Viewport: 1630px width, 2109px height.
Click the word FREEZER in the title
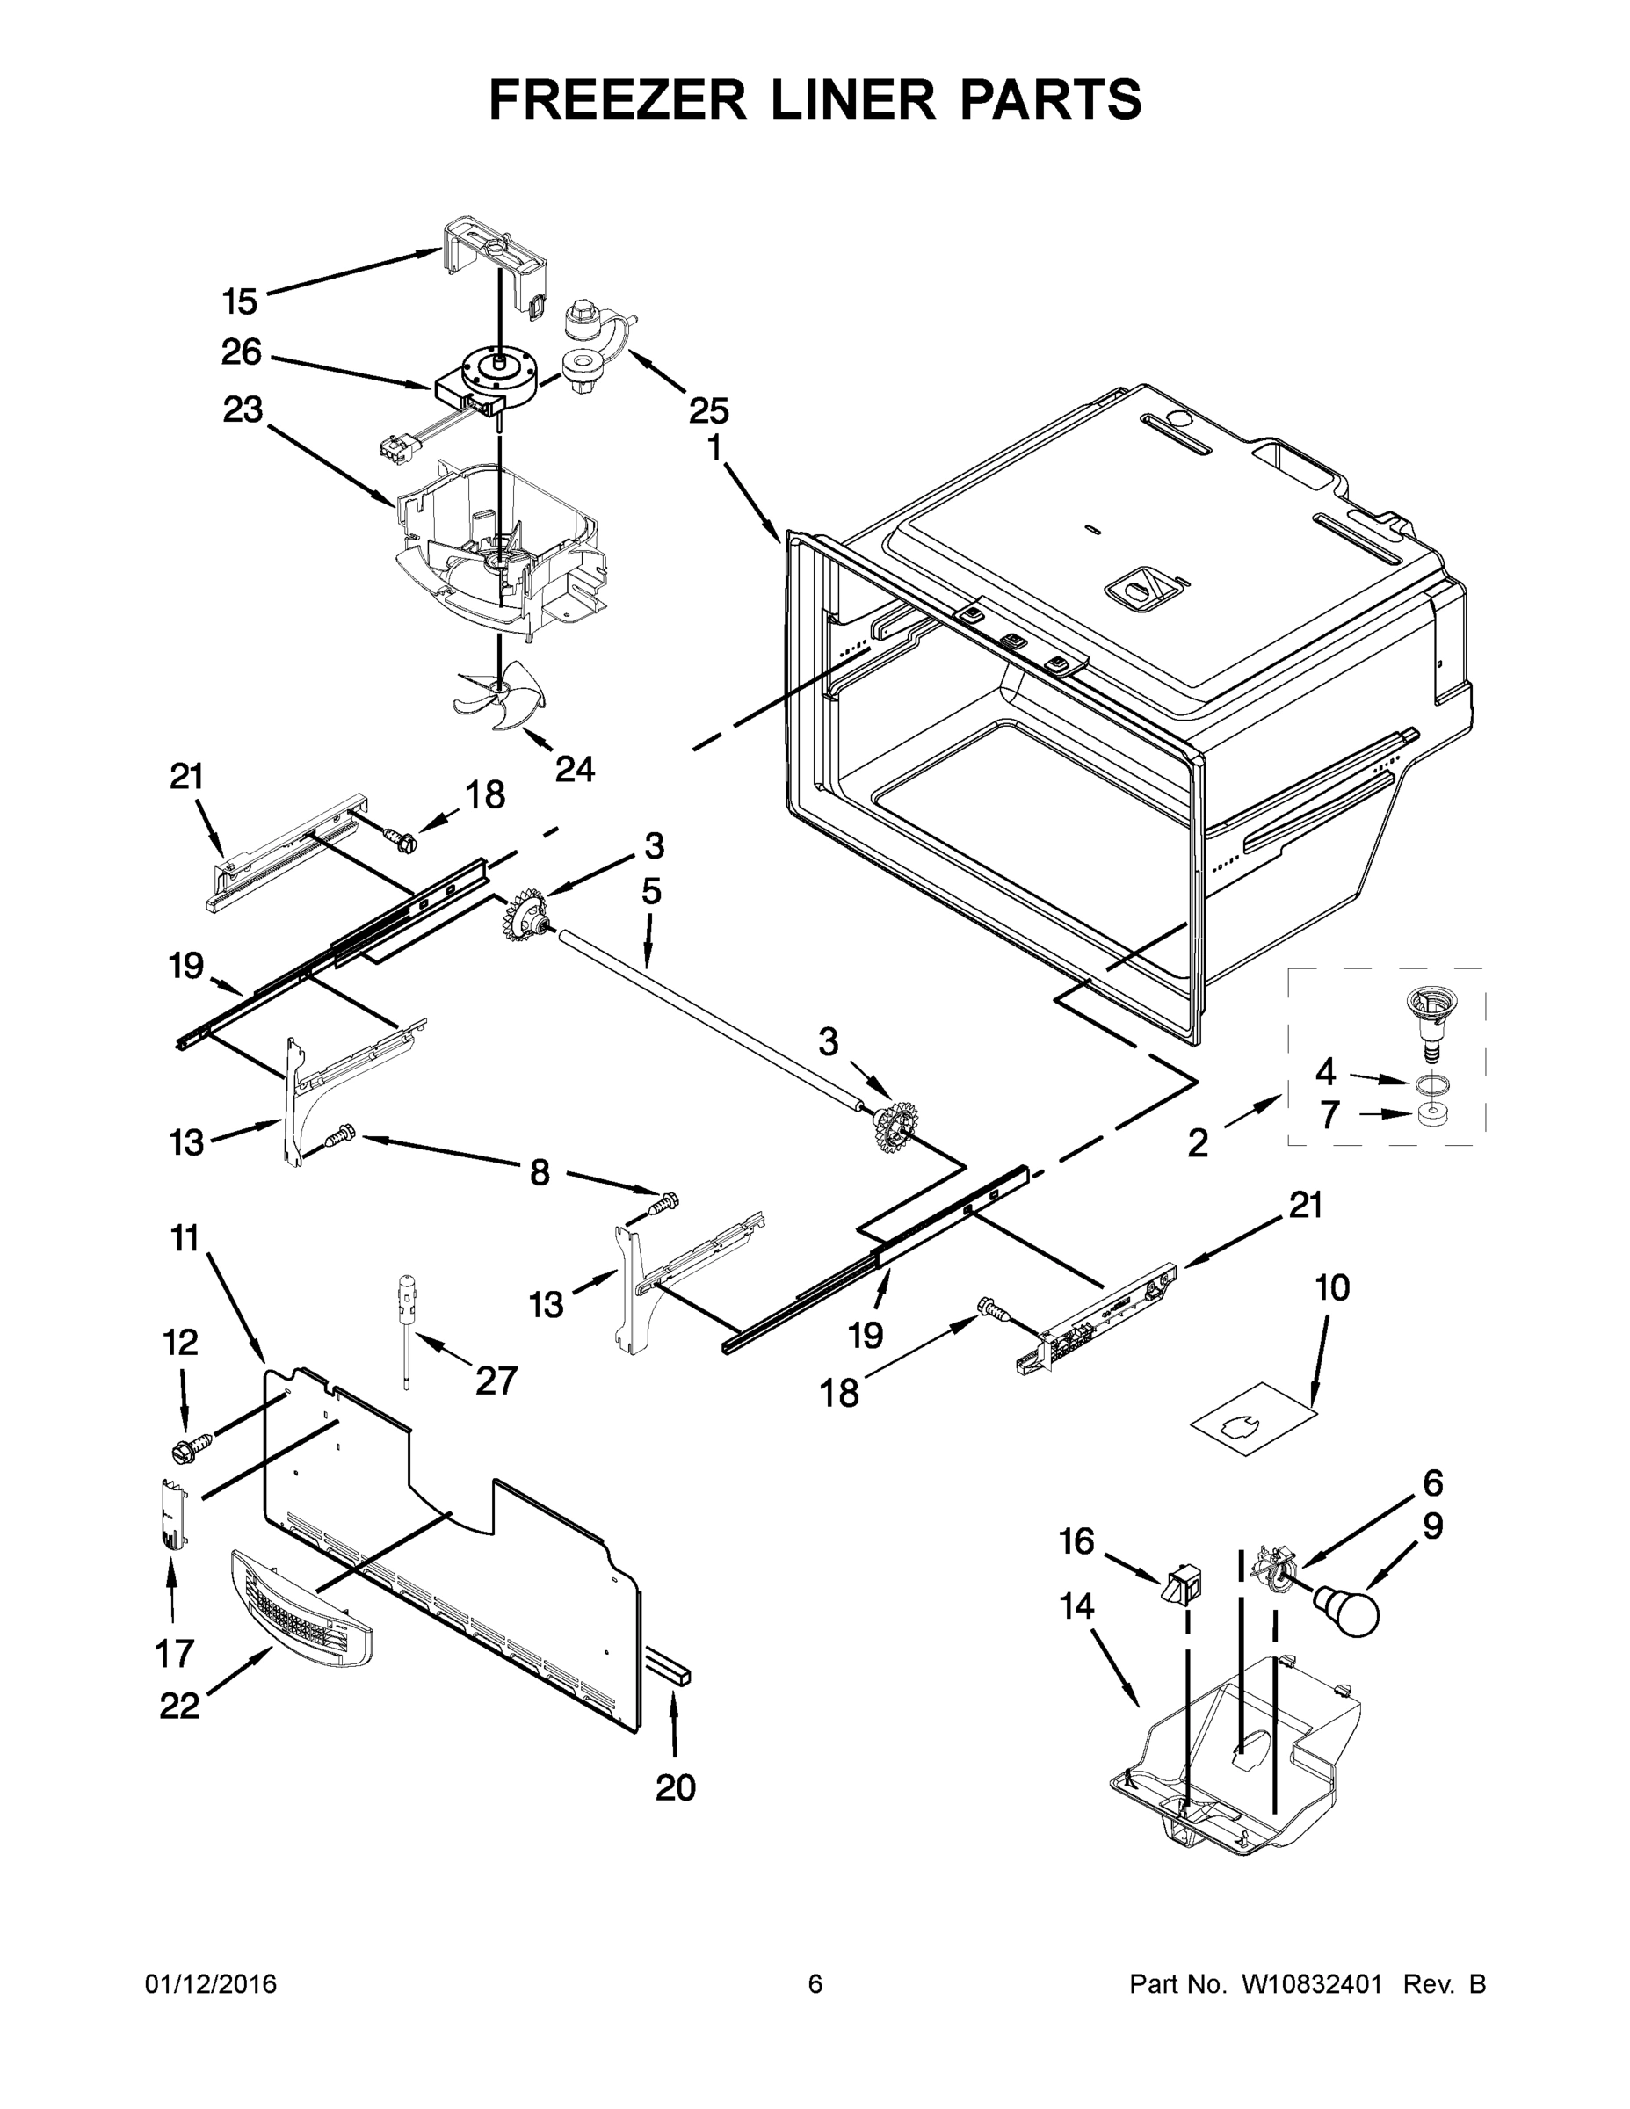tap(617, 100)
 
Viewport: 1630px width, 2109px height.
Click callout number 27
tap(496, 1381)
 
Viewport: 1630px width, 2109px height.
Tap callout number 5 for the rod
tap(652, 891)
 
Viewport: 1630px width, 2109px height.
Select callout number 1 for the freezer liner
tap(714, 449)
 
